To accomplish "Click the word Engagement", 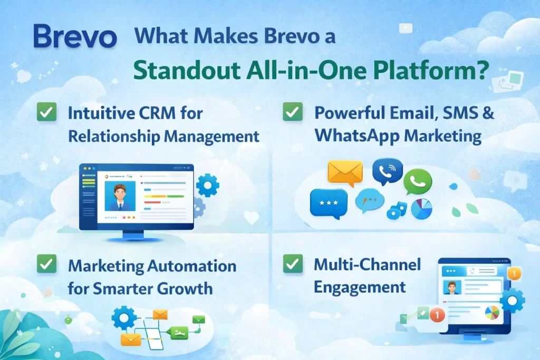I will (360, 287).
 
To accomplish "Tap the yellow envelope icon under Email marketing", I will (345, 172).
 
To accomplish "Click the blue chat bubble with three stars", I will (329, 203).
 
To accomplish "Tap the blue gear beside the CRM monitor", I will (207, 186).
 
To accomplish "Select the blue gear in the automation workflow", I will (124, 318).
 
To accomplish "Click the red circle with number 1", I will (437, 316).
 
